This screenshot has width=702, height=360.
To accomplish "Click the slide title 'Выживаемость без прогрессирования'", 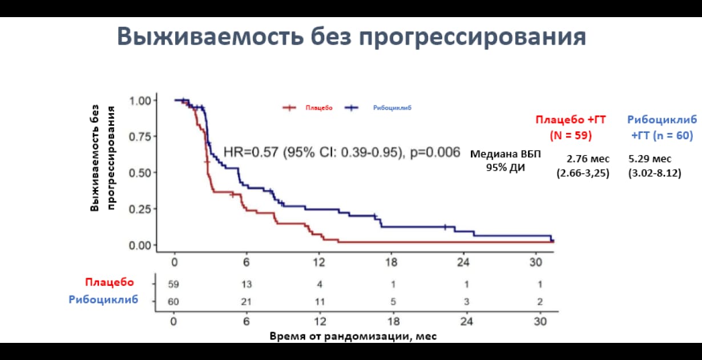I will point(351,36).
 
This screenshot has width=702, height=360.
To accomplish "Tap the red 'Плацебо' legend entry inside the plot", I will point(318,107).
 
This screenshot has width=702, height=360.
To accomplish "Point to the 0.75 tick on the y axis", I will point(140,137).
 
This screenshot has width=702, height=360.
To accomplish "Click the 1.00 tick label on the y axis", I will point(140,100).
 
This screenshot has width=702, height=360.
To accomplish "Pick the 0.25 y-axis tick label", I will point(140,209).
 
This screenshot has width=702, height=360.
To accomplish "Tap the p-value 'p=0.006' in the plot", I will point(435,152).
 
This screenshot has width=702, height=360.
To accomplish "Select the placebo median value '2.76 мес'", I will point(588,159).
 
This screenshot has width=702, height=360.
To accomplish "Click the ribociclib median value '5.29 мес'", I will point(650,159).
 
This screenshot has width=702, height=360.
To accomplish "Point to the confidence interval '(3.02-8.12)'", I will point(654,173).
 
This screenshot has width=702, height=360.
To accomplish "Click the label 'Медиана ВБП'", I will point(505,154).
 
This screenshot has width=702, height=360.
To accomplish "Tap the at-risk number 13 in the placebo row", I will point(247,284).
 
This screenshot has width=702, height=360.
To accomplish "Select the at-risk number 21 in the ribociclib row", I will point(247,302).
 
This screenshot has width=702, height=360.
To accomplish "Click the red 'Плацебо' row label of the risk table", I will point(110,282).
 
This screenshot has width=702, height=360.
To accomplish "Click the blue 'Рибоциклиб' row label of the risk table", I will point(103,300).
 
